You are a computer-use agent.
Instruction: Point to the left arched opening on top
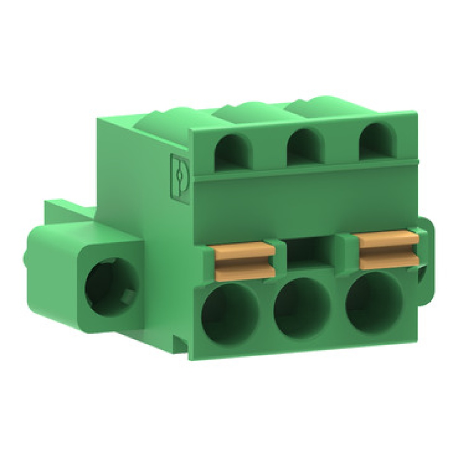(234, 152)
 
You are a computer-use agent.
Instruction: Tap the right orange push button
(389, 250)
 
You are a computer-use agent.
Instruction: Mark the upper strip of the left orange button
(244, 250)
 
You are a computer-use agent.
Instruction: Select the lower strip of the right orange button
(389, 261)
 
